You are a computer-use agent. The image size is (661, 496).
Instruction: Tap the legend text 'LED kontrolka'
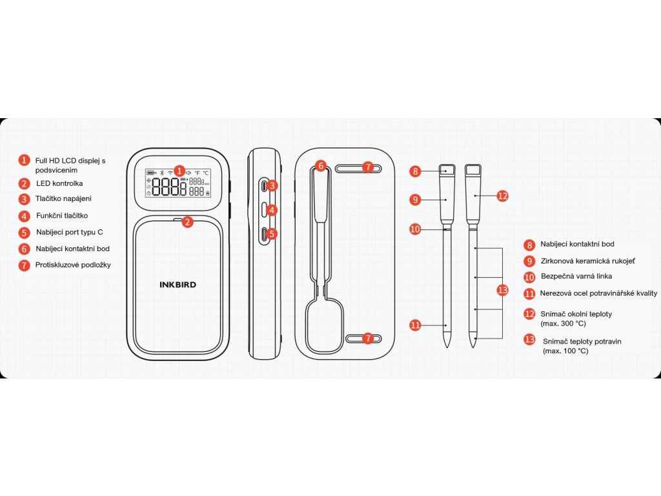pos(59,183)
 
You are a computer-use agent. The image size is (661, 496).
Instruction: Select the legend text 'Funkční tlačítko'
pos(62,216)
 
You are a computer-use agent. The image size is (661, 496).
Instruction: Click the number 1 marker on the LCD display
pos(179,171)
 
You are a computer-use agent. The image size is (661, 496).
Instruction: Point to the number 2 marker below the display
pos(187,222)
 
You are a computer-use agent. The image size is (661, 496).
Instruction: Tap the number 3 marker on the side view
pos(272,185)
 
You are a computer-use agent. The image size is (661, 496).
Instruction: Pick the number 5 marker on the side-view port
pos(272,234)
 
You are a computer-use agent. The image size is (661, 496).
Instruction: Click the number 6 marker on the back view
pos(321,166)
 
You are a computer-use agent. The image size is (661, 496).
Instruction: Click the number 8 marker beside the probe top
pos(415,171)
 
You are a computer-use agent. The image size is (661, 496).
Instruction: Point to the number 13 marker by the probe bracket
pos(503,290)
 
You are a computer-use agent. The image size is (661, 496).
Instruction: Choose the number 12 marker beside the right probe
pos(503,195)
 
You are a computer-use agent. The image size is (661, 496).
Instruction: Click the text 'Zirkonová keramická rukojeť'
pos(587,261)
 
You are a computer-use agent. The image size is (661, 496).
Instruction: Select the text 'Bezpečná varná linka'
pos(576,276)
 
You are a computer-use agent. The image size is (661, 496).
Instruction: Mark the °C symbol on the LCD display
pos(206,173)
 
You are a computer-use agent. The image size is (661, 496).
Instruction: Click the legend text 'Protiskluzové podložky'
pos(73,265)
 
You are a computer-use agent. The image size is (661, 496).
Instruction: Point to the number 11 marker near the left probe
pos(415,325)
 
